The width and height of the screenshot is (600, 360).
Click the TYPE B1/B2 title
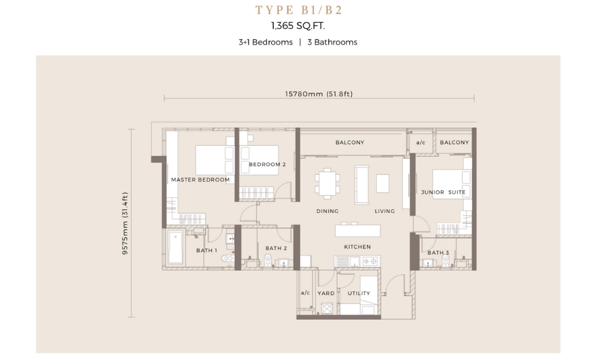click(298, 10)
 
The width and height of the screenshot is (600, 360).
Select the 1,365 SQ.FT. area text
click(298, 26)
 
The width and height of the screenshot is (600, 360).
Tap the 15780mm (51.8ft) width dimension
click(319, 94)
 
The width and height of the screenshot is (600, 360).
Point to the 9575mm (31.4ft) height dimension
click(125, 223)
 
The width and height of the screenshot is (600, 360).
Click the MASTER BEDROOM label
click(200, 179)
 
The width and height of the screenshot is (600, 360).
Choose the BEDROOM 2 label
click(267, 164)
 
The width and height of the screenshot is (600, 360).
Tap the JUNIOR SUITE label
click(443, 192)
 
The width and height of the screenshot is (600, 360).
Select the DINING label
click(327, 211)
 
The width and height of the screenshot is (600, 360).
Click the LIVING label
click(385, 211)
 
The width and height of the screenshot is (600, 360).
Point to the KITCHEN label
click(358, 247)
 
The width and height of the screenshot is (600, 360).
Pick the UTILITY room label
click(359, 293)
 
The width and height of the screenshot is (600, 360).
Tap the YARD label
click(326, 293)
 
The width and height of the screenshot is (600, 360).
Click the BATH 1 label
click(206, 250)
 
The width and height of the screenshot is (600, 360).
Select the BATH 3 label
click(438, 253)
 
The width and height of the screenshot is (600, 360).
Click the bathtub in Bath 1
click(176, 248)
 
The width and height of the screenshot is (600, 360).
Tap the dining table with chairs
click(328, 183)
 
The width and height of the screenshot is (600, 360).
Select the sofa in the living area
click(362, 185)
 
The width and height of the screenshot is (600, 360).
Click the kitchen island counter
click(358, 230)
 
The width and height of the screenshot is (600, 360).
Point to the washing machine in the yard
click(327, 308)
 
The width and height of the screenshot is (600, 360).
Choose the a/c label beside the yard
click(305, 293)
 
